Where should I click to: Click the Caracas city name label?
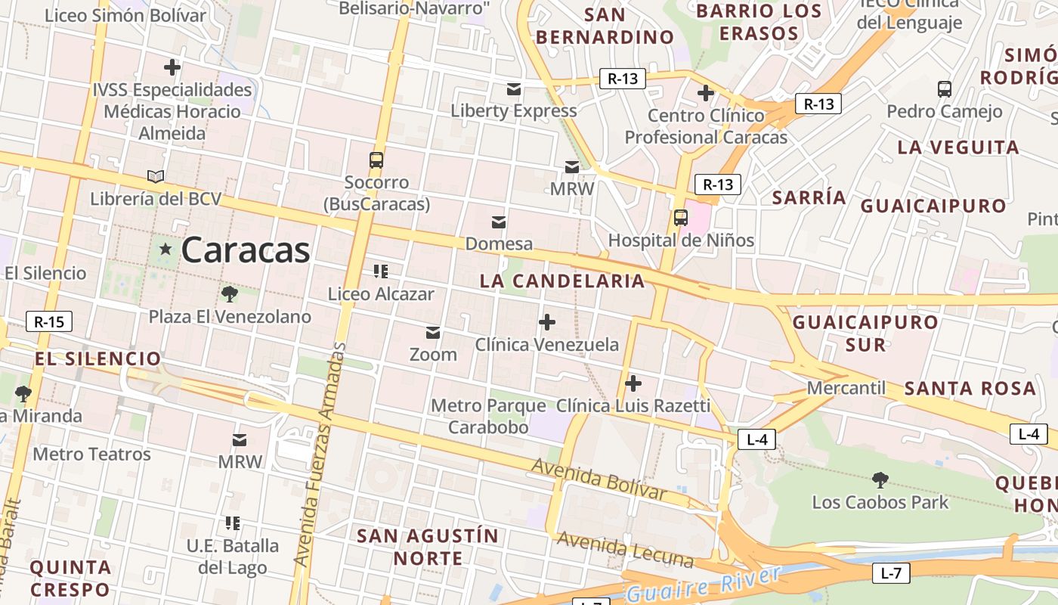point(246,250)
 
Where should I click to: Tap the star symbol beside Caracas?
point(166,249)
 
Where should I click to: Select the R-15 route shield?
point(49,321)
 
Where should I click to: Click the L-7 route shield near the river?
point(891,572)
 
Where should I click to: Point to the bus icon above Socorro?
point(376,160)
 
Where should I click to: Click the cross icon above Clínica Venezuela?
point(546,323)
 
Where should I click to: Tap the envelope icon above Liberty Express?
point(514,89)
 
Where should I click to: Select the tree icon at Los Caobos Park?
point(880,479)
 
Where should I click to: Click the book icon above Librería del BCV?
point(156,177)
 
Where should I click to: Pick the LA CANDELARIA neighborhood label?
point(562,281)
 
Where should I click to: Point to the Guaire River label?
point(703,585)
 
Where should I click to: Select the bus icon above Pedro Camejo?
point(945,89)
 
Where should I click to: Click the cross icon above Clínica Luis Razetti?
point(633,383)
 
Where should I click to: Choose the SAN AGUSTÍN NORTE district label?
point(428,547)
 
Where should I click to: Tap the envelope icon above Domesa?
point(499,222)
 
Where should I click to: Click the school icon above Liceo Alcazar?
point(381,271)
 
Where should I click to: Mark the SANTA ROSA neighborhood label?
point(970,388)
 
